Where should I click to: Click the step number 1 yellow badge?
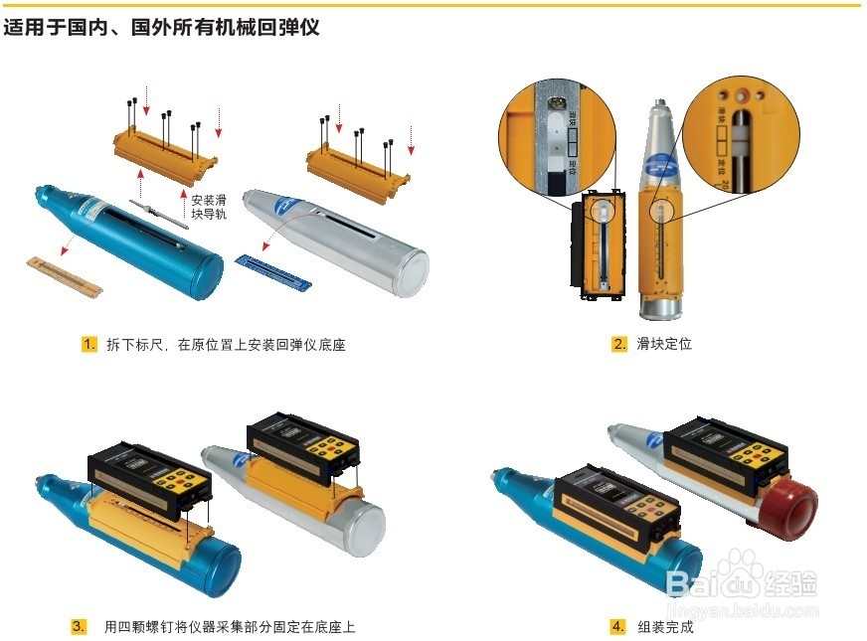[x=89, y=345]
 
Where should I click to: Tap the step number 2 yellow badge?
[x=619, y=345]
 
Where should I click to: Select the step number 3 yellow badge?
[x=79, y=627]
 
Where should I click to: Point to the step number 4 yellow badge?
[x=618, y=627]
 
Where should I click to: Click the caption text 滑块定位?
[x=664, y=345]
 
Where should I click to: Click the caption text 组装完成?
[x=666, y=627]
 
